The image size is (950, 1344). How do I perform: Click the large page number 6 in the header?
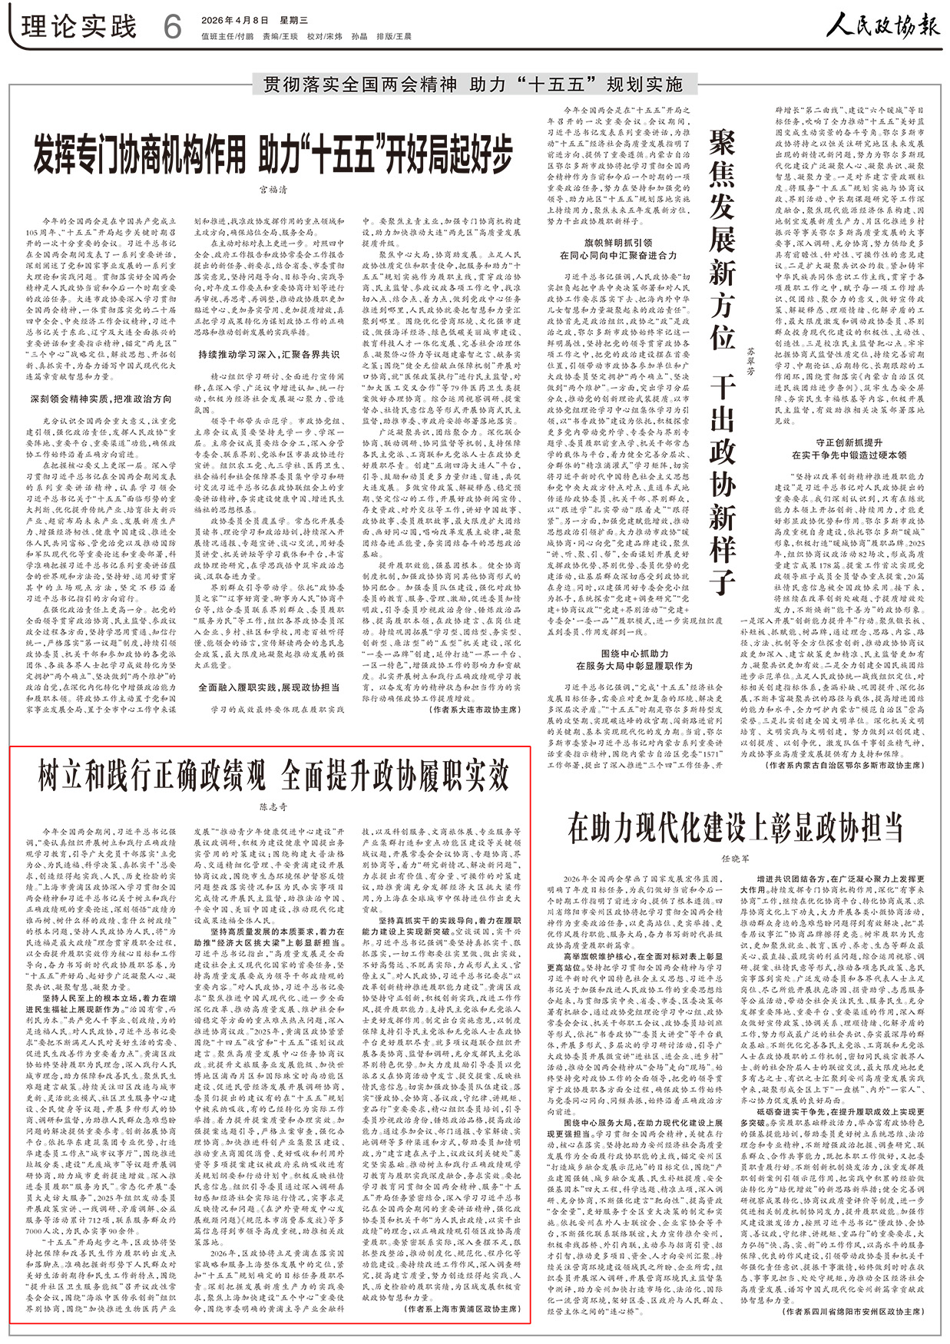(172, 28)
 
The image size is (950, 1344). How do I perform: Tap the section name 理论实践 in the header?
(79, 27)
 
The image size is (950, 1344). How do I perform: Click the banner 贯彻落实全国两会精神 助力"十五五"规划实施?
(473, 84)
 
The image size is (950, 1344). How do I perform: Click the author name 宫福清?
(273, 190)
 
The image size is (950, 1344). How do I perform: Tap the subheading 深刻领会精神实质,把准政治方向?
(101, 399)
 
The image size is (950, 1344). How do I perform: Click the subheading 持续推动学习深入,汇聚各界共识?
(269, 355)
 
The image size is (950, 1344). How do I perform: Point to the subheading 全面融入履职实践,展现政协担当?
(269, 687)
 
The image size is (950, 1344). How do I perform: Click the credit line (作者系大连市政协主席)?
(473, 710)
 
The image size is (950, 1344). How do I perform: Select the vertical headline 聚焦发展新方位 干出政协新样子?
(722, 361)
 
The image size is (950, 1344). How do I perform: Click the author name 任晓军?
(735, 858)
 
